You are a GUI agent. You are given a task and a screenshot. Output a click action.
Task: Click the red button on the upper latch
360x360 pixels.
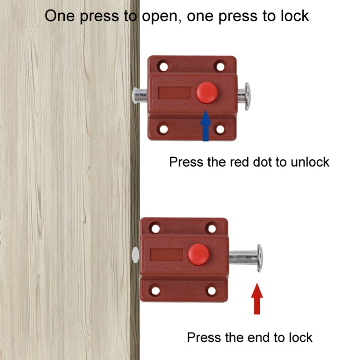(x=206, y=93)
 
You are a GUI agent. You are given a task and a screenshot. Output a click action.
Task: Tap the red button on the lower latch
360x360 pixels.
(x=198, y=254)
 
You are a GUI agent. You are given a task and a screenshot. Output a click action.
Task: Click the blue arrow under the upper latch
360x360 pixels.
(x=206, y=126)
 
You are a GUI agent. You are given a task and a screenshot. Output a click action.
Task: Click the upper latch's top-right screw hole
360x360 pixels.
(x=220, y=66)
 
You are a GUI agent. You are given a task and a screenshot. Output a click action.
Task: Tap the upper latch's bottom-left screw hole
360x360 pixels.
(x=164, y=129)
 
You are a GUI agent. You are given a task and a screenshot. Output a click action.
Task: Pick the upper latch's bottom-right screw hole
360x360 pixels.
(x=220, y=129)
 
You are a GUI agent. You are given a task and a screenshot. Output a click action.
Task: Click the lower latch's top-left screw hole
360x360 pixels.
(x=155, y=228)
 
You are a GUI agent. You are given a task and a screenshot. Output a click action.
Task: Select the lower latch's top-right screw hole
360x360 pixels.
(x=211, y=228)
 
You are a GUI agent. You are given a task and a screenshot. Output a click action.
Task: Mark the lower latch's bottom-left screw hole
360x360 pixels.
(x=155, y=290)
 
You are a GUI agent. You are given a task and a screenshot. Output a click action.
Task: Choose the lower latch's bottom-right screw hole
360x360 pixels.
(x=211, y=290)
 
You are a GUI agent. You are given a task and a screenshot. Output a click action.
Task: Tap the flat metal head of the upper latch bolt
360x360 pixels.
(x=248, y=96)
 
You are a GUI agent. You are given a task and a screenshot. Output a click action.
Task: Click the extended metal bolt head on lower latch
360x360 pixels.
(x=260, y=258)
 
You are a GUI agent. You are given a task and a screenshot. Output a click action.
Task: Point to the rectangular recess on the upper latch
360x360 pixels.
(x=173, y=93)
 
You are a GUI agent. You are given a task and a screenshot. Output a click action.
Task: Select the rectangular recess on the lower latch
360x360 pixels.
(x=166, y=254)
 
